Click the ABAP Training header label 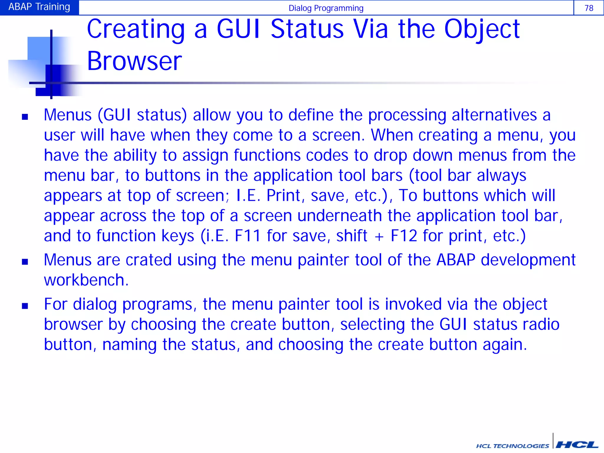pyautogui.click(x=39, y=7)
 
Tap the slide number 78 pyautogui.click(x=589, y=8)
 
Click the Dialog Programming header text pyautogui.click(x=326, y=8)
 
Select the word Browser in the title pyautogui.click(x=134, y=61)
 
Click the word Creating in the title pyautogui.click(x=135, y=29)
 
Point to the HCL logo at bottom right pyautogui.click(x=577, y=444)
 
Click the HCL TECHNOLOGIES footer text pyautogui.click(x=512, y=446)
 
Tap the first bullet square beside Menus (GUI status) pyautogui.click(x=25, y=117)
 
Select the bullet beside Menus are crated pyautogui.click(x=25, y=262)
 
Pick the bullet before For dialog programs pyautogui.click(x=25, y=306)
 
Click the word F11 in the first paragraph pyautogui.click(x=247, y=236)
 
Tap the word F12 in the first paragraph pyautogui.click(x=404, y=236)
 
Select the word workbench pyautogui.click(x=86, y=280)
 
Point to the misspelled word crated pyautogui.click(x=149, y=260)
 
